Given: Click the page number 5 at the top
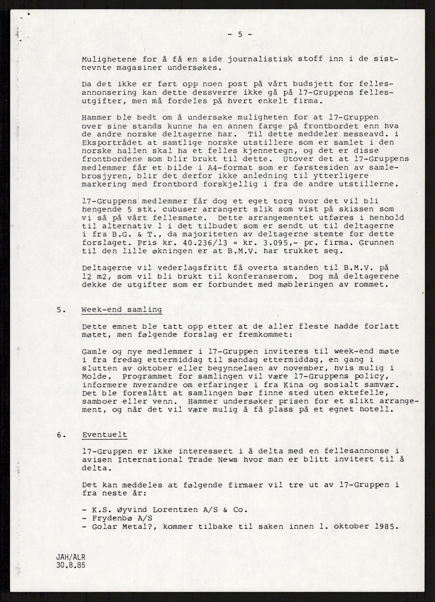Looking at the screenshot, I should point(240,35).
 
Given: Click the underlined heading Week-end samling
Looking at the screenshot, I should point(122,310).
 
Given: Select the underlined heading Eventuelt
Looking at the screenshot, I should point(105,435).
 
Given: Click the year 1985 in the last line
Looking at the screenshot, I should point(382,526).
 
